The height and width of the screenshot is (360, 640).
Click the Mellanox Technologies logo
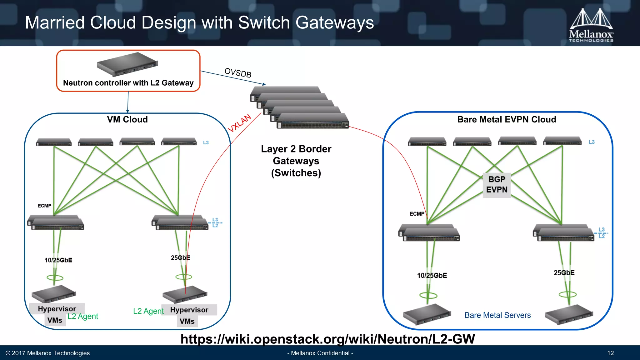591,25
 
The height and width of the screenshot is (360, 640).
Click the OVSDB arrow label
238,72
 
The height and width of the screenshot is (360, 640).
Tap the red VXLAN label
239,123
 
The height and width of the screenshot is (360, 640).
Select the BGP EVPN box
497,185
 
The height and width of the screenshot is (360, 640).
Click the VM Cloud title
127,119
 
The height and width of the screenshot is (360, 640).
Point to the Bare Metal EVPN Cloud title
506,119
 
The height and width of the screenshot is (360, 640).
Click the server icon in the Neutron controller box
127,64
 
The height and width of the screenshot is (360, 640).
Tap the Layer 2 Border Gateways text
296,161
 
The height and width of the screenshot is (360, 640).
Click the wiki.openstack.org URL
327,339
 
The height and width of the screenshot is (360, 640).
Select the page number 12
610,353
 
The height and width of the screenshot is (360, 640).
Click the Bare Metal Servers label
497,315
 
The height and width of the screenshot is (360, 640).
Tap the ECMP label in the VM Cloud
44,206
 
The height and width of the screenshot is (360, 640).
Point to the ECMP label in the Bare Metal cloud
417,214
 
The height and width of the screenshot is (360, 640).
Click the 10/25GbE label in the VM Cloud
58,260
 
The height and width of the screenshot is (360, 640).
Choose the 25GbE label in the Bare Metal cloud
564,272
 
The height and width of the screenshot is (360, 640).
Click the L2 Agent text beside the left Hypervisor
83,316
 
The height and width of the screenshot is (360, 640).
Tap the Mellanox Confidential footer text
320,353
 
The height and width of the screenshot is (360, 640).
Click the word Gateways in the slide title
334,23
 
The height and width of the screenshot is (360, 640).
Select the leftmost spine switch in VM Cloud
54,142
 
